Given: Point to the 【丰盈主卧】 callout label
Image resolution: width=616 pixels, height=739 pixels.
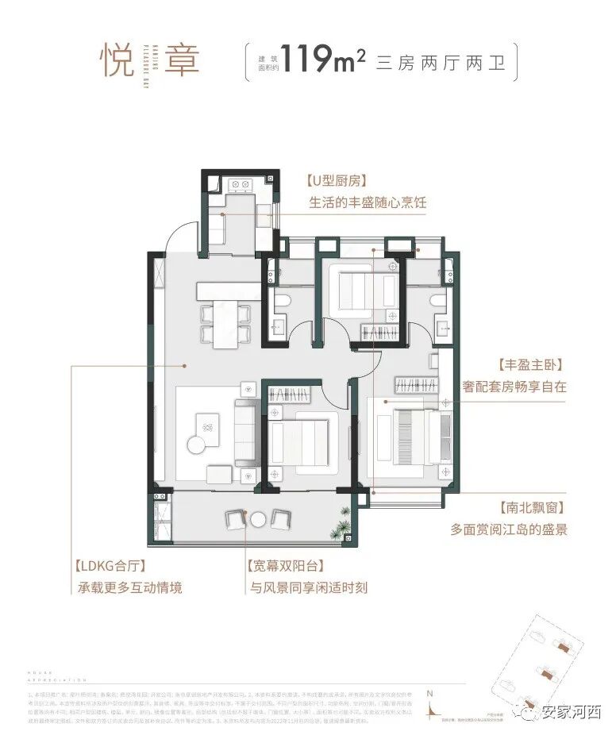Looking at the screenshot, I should [529, 366].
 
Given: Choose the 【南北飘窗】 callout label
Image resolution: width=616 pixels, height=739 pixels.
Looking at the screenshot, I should [529, 506].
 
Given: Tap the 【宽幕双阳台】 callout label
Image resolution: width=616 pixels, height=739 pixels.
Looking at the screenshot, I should [285, 567].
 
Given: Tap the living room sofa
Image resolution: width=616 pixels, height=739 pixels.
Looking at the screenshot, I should [244, 433].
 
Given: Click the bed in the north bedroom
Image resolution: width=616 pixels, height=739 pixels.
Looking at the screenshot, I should [358, 291].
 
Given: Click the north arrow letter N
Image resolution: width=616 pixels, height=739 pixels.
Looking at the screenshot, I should [429, 693].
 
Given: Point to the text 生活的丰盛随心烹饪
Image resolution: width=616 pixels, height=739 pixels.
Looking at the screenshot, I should [367, 203].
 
